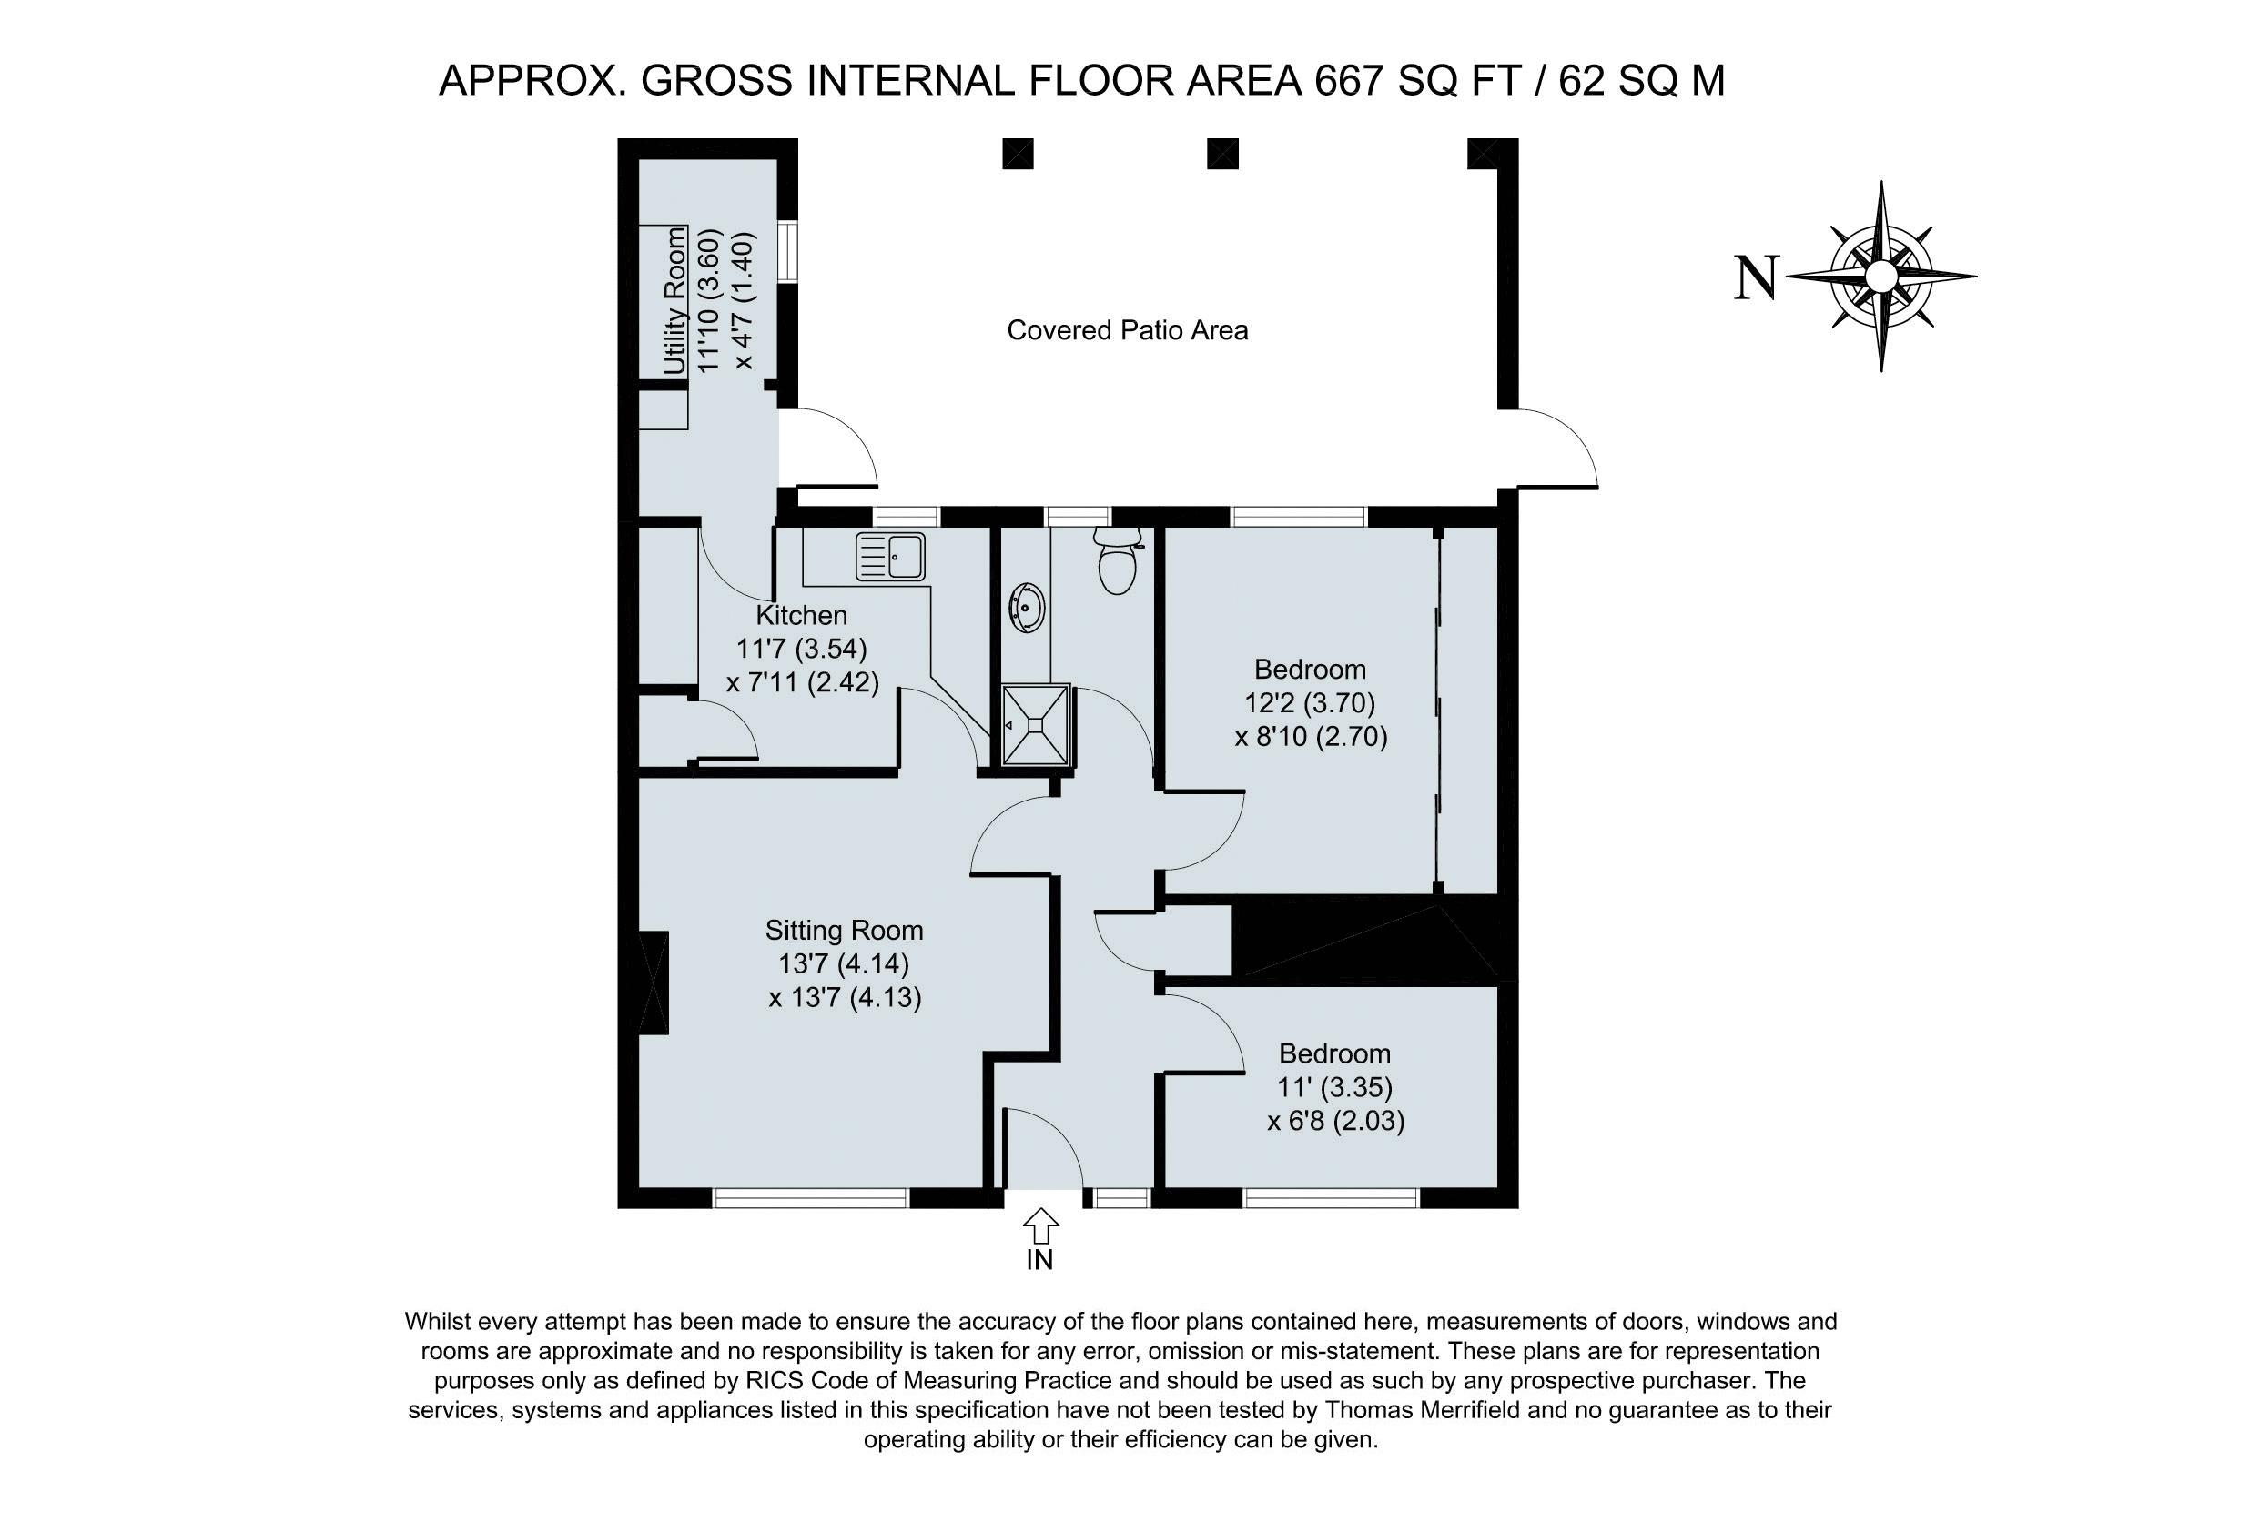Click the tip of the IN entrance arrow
[1039, 1208]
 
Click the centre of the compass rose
[1880, 277]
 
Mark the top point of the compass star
[1880, 182]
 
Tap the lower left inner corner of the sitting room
[640, 1188]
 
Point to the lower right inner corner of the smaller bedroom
[1498, 1188]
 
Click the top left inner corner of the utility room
[640, 161]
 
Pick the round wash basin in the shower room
[1028, 609]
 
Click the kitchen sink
[891, 557]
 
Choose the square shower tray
[1036, 725]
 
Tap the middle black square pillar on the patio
[1222, 154]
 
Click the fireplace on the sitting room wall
[654, 983]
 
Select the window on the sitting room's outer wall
[811, 1198]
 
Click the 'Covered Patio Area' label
[1128, 330]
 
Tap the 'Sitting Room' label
[845, 930]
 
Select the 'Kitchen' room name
[802, 615]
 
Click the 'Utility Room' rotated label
[674, 300]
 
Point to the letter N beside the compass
[1755, 277]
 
